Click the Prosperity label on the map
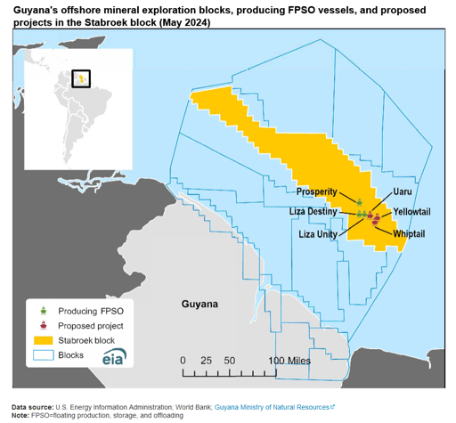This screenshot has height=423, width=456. [x=317, y=191]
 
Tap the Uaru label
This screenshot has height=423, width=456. [x=403, y=192]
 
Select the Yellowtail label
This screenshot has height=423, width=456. [x=411, y=211]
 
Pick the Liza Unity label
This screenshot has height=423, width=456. [x=318, y=234]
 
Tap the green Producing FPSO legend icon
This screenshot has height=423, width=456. [x=42, y=310]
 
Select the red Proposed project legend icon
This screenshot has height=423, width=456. [x=42, y=325]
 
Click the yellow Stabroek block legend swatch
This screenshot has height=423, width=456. [x=42, y=340]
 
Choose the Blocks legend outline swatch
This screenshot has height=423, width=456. [x=42, y=354]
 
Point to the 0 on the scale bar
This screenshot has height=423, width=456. [x=183, y=361]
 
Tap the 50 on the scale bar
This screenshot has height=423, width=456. [x=229, y=361]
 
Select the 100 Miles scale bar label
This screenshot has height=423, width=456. [x=289, y=361]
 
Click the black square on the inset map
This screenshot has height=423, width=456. [x=81, y=77]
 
